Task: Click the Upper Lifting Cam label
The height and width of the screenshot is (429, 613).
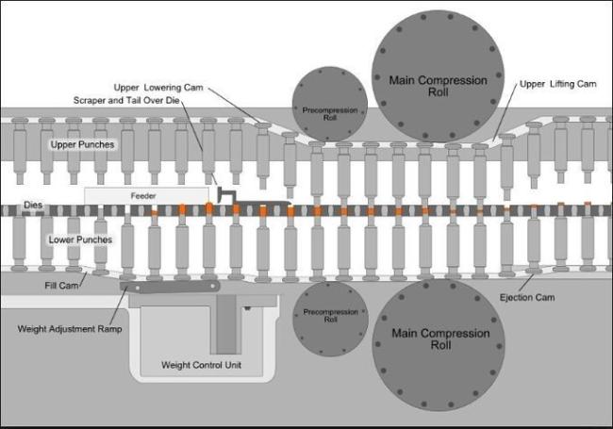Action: (x=558, y=84)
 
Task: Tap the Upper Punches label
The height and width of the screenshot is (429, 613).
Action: (x=83, y=145)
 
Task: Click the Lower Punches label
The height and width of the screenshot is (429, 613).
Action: (x=81, y=239)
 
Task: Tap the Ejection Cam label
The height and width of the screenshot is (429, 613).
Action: (x=526, y=298)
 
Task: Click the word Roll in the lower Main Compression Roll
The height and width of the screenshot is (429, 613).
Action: (x=441, y=346)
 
